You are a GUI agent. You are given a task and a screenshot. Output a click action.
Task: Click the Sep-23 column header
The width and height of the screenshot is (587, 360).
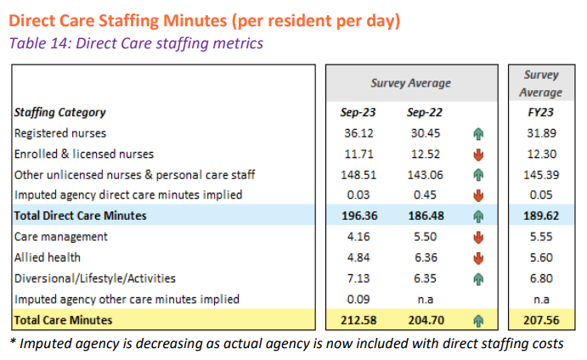pyautogui.click(x=358, y=112)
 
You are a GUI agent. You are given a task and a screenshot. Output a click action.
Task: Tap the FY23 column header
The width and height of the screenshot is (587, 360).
pyautogui.click(x=540, y=112)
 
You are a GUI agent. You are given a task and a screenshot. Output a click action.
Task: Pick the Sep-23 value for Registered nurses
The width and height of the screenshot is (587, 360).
pyautogui.click(x=358, y=133)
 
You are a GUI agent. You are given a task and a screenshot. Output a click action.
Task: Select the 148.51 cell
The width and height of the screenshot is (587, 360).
pyautogui.click(x=358, y=175)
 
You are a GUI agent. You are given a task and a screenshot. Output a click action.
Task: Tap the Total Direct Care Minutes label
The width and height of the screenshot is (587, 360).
pyautogui.click(x=80, y=216)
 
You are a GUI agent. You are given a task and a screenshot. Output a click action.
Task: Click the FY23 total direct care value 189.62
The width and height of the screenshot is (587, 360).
pyautogui.click(x=540, y=216)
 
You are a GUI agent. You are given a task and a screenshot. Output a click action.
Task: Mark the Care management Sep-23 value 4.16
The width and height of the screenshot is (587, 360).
pyautogui.click(x=358, y=237)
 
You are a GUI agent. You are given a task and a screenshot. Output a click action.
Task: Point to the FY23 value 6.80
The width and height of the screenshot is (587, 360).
pyautogui.click(x=540, y=278)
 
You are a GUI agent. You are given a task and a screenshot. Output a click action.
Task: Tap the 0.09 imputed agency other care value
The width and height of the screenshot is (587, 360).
pyautogui.click(x=358, y=299)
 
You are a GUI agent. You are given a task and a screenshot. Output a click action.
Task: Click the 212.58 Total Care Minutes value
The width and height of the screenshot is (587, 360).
pyautogui.click(x=358, y=320)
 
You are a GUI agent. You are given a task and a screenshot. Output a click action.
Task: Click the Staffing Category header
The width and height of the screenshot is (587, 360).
pyautogui.click(x=59, y=112)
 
